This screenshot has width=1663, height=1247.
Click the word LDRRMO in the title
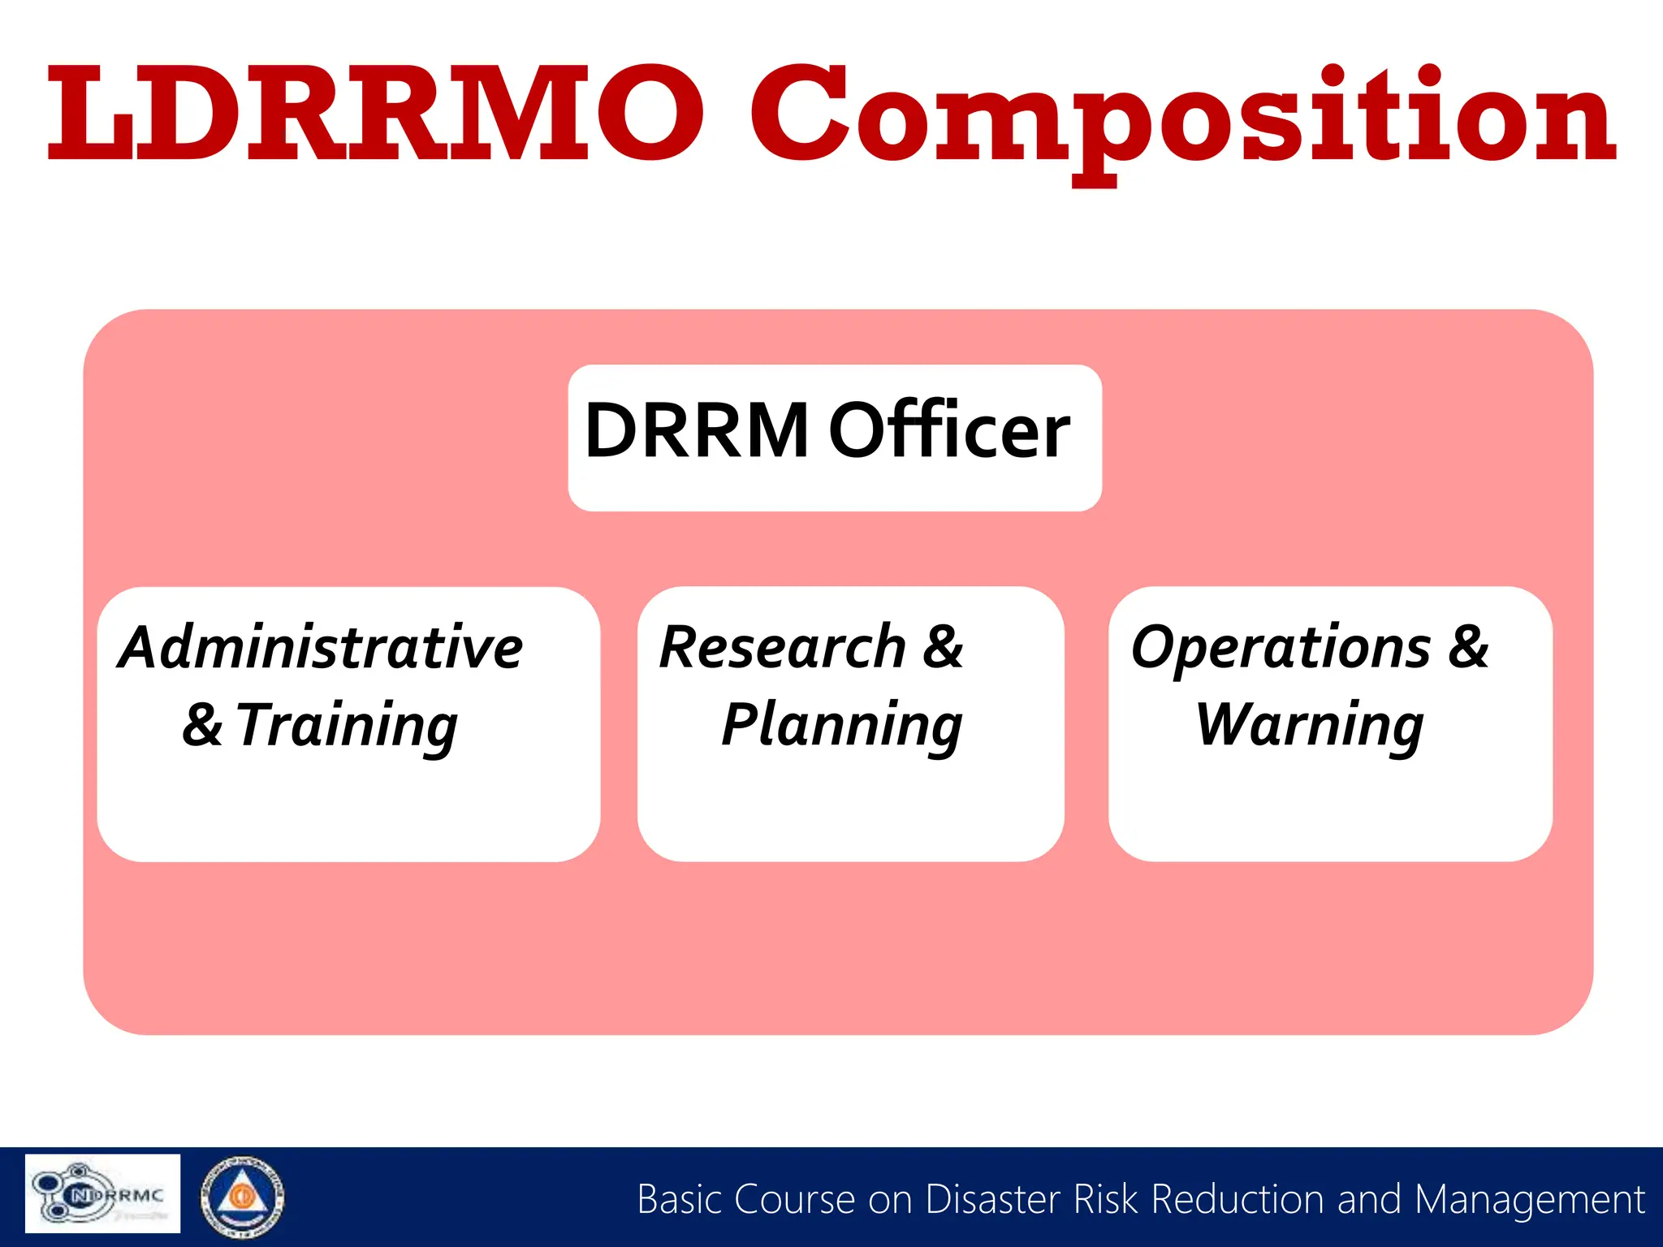point(374,114)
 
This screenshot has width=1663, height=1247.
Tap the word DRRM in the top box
point(697,431)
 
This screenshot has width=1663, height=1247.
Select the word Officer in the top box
point(948,431)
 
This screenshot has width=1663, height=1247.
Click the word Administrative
point(321,648)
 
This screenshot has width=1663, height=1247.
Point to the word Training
point(348,726)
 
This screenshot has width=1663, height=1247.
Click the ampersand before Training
point(202,726)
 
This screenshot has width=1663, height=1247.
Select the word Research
point(782,648)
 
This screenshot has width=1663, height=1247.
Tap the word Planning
point(842,726)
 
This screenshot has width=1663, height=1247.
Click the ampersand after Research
point(943,648)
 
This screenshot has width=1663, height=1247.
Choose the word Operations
point(1281,648)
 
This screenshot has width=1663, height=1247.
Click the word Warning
point(1310,726)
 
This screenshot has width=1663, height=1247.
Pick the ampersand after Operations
point(1469,648)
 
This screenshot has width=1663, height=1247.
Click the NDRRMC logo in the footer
point(102,1193)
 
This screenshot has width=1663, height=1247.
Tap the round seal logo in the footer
point(242,1197)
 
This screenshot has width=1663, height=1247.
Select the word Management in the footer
point(1529,1200)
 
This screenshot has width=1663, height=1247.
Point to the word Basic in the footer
point(680,1200)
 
